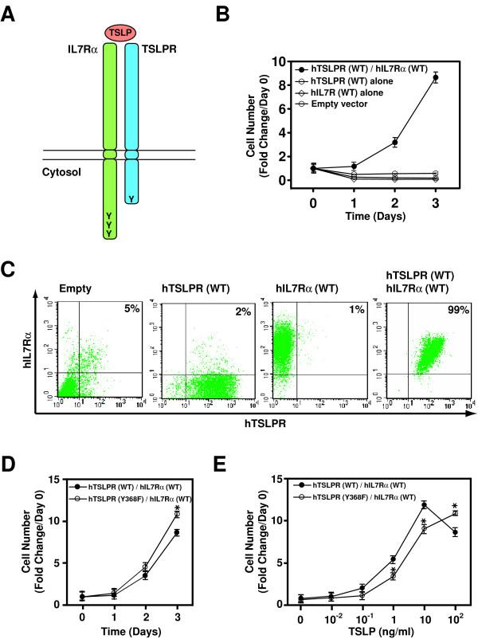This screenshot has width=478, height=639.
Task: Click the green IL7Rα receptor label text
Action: click(x=79, y=48)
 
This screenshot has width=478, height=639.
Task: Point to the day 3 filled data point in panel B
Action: click(x=435, y=77)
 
